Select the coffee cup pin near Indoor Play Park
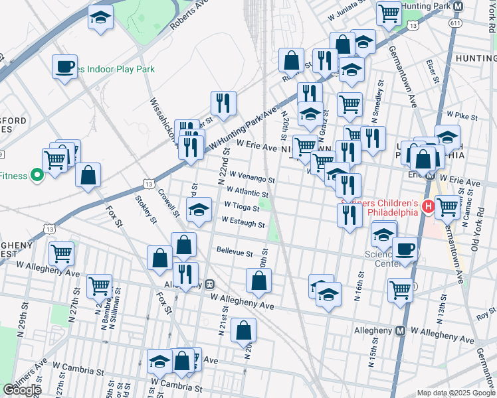65,66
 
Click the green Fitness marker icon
38,176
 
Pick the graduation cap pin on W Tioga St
199,210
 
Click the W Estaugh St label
243,222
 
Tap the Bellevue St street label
235,253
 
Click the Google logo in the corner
22,390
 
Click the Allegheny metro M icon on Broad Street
401,330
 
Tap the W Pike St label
462,117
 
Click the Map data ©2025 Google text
455,392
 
